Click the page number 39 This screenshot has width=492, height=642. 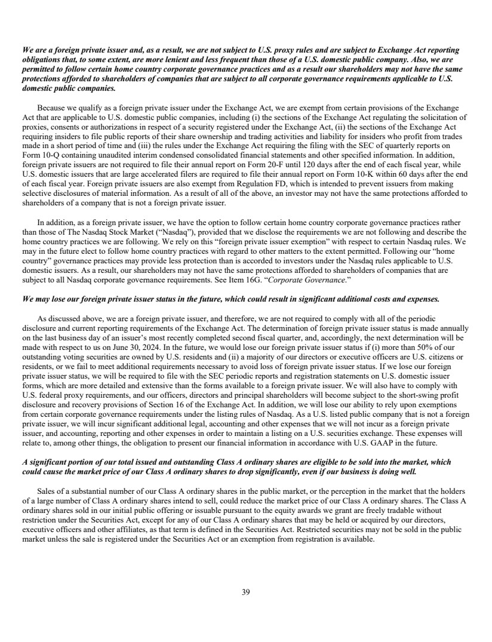pyautogui.click(x=246, y=592)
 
